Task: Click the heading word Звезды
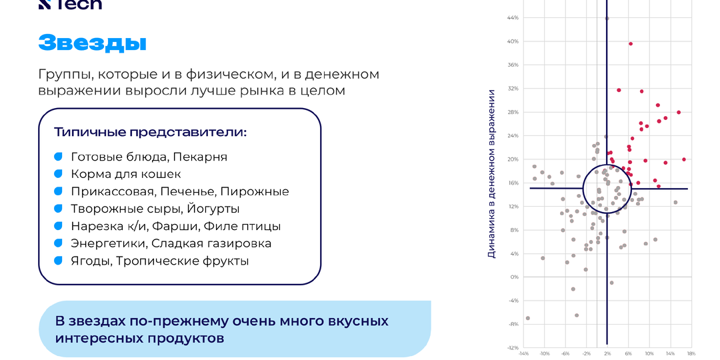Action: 92,42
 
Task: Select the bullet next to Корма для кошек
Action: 58,174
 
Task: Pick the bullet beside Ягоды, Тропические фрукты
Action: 58,261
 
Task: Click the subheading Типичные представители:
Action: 150,132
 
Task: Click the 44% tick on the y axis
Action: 514,17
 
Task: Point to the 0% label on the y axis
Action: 515,277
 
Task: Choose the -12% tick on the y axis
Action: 513,347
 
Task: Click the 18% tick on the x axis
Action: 691,353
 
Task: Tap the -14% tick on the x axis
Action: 523,353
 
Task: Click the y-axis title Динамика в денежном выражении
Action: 491,173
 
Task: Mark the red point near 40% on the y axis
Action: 631,44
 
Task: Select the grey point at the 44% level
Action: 607,19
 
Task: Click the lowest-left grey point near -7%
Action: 527,318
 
